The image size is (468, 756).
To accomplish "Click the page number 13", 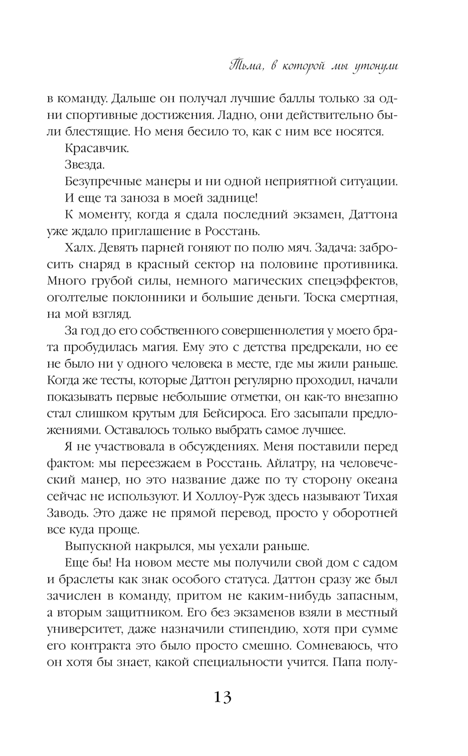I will (223, 698).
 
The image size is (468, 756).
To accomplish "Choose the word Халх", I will (77, 247).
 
